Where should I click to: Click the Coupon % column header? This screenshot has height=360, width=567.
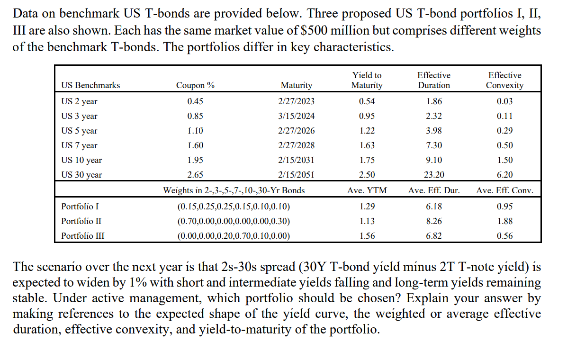(x=195, y=85)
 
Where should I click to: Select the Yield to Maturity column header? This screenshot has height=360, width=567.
(x=367, y=81)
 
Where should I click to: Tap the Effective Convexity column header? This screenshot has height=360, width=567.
(x=504, y=81)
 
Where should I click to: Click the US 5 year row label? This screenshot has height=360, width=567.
(x=80, y=131)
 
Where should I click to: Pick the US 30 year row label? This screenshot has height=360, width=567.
(x=81, y=175)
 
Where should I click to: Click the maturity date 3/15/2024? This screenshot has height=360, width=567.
(x=296, y=116)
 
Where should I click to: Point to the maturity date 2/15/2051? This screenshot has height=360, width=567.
(x=296, y=175)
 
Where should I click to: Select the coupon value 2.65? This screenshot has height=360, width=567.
(x=195, y=175)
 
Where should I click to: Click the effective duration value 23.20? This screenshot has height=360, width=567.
(x=433, y=175)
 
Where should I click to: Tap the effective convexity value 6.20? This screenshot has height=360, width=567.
(x=504, y=175)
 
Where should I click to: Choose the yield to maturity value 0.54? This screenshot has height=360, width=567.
(x=367, y=101)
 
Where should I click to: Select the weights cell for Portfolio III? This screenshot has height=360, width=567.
(x=233, y=236)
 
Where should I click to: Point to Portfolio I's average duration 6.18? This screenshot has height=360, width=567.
(x=433, y=207)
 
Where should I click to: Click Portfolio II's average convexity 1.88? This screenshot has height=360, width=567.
(x=504, y=221)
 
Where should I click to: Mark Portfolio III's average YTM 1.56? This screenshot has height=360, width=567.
(x=367, y=236)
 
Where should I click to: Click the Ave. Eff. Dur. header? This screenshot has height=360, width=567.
(x=433, y=191)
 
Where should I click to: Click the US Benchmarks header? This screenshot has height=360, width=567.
(x=90, y=85)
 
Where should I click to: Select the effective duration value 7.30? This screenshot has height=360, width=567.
(x=433, y=145)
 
